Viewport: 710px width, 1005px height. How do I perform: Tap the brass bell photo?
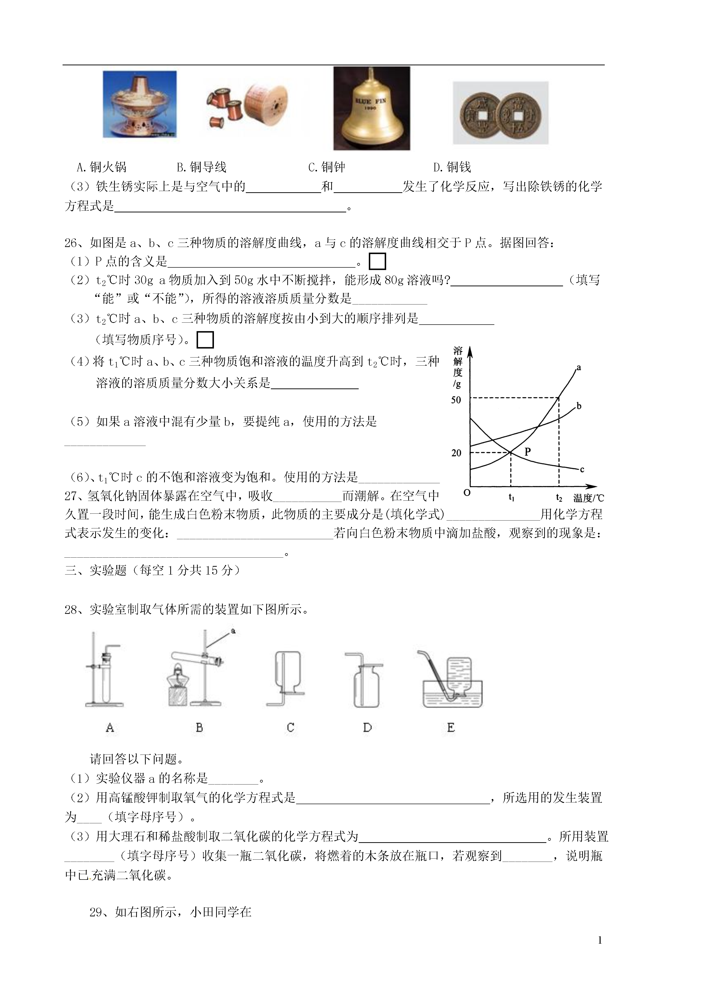[x=371, y=108]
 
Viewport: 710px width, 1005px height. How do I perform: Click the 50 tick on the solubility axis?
[x=456, y=400]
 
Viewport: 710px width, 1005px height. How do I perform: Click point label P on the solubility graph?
[x=527, y=452]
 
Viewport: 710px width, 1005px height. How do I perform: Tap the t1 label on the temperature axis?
[x=511, y=498]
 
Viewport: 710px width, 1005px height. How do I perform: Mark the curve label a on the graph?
[x=579, y=368]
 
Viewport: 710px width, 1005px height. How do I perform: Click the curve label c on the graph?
[x=582, y=470]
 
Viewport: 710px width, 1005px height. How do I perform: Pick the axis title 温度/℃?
[x=588, y=498]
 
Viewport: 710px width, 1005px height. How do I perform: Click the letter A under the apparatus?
[x=110, y=728]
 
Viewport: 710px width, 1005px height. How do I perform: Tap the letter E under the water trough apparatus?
[x=451, y=728]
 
